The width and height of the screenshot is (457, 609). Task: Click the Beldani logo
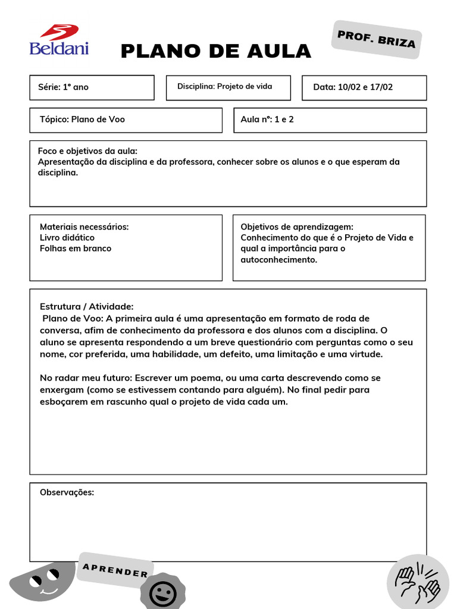click(x=59, y=40)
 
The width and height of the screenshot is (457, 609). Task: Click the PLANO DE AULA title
click(x=215, y=52)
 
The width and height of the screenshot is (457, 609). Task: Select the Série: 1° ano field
click(x=92, y=87)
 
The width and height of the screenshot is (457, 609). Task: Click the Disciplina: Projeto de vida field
click(x=228, y=87)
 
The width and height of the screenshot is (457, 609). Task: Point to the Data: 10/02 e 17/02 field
click(x=364, y=87)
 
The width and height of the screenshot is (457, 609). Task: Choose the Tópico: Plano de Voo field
click(x=126, y=120)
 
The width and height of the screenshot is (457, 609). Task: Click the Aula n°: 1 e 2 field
click(x=330, y=120)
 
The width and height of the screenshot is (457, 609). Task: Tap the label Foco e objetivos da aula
click(x=87, y=151)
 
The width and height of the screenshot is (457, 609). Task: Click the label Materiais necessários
click(x=84, y=227)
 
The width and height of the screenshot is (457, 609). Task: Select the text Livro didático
click(x=67, y=237)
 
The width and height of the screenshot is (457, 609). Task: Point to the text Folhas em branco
click(x=75, y=249)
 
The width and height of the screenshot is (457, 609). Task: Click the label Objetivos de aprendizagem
click(x=296, y=227)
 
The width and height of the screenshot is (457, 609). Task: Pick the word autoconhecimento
click(x=278, y=260)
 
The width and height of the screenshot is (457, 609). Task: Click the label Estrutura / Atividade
click(x=86, y=306)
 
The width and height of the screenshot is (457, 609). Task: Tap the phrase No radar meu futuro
click(x=86, y=378)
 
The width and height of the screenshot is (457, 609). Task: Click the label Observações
click(x=67, y=492)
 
